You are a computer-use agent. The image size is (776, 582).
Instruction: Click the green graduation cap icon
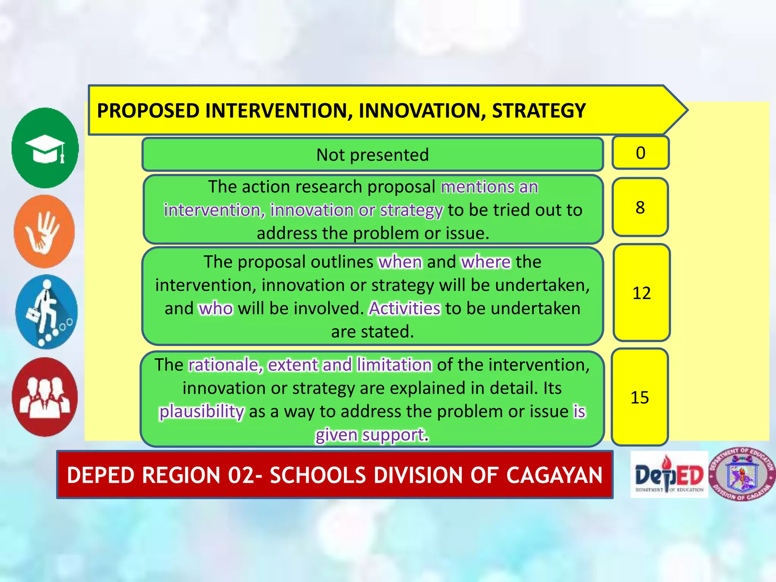[45, 148]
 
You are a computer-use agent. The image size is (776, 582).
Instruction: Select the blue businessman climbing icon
[46, 312]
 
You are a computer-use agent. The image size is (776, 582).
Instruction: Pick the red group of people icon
[45, 397]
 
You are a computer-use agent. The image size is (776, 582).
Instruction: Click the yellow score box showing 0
[640, 153]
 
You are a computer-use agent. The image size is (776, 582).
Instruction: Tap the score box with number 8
[640, 207]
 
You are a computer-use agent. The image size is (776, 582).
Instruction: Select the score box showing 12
[641, 293]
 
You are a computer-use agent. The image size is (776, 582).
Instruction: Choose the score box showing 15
[640, 397]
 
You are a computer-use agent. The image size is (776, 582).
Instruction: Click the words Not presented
[372, 155]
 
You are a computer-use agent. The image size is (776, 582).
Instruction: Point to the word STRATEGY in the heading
[538, 111]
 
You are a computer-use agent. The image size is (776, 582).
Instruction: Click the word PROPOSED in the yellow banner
[148, 111]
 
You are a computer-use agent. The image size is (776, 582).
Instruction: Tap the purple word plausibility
[201, 411]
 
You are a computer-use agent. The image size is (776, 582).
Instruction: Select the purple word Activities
[405, 308]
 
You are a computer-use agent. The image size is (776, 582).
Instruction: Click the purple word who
[216, 308]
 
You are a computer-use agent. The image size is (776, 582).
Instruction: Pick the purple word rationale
[223, 365]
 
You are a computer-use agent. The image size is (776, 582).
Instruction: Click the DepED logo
[669, 475]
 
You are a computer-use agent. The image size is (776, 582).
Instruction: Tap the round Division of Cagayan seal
[742, 475]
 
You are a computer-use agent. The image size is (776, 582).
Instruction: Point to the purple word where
[486, 262]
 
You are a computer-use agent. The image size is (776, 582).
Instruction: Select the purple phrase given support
[369, 435]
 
